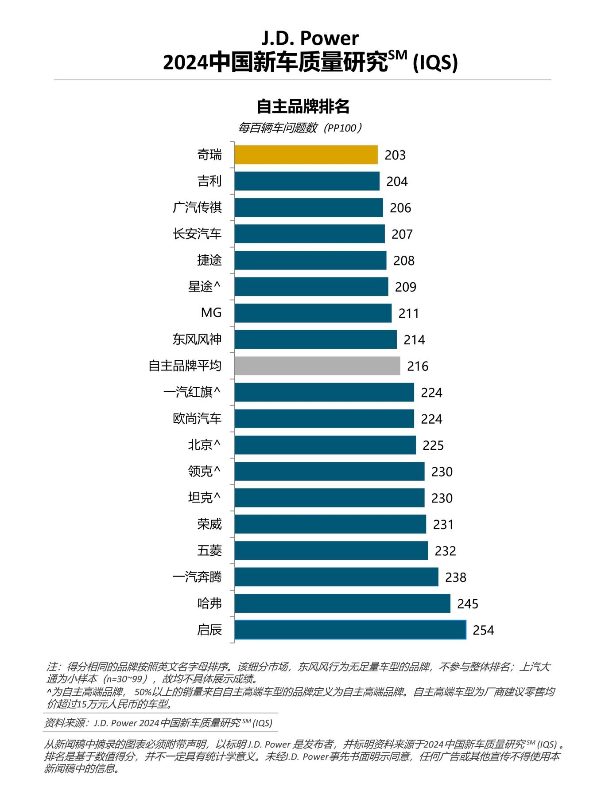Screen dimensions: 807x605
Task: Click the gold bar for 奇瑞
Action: point(306,155)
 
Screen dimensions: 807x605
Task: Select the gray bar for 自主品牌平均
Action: point(317,366)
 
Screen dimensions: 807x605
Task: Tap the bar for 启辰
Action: point(350,630)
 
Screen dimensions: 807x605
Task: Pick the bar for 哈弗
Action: point(342,603)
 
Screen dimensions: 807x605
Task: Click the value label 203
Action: point(395,155)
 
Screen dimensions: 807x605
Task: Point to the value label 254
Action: point(483,630)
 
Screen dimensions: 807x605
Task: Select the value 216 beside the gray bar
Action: point(418,366)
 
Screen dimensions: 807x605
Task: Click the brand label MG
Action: point(211,313)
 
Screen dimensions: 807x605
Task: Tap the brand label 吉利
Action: point(209,181)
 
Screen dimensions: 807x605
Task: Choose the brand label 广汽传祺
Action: point(197,207)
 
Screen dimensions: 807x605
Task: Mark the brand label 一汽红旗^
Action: point(192,392)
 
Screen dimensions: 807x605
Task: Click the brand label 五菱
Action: point(209,550)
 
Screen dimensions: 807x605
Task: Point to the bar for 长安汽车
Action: point(309,234)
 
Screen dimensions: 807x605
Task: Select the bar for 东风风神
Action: point(315,339)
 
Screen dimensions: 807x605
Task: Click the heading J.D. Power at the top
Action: point(310,39)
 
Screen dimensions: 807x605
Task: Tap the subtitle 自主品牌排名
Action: point(303,107)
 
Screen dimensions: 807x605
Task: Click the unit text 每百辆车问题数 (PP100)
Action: point(300,128)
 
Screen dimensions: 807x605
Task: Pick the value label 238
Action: point(455,577)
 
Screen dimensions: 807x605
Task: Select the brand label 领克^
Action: point(204,471)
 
